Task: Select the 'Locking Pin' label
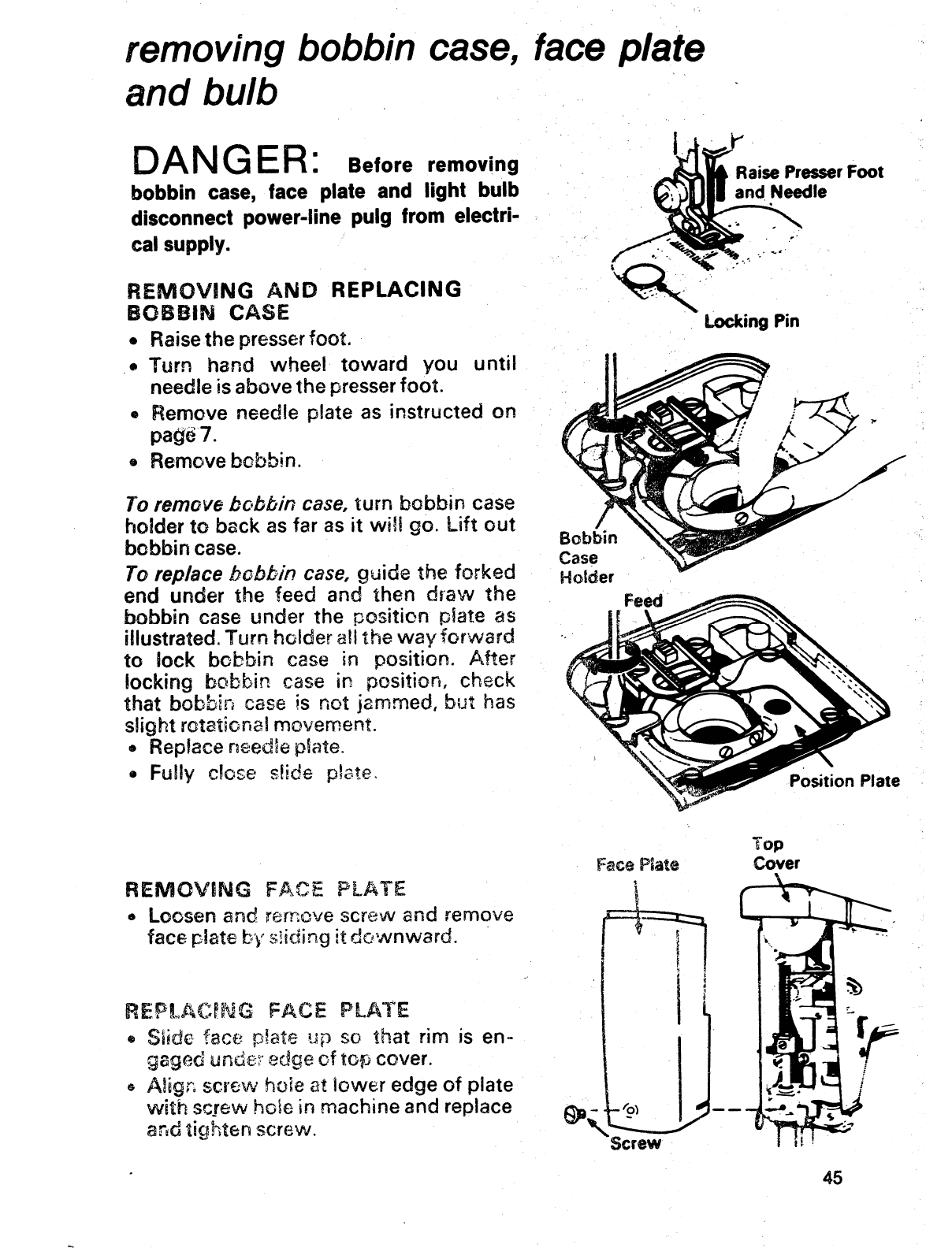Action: [752, 321]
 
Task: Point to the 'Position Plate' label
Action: [844, 781]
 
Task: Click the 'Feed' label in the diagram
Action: [644, 600]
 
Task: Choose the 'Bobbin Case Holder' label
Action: [587, 558]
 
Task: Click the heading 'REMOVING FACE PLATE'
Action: [266, 890]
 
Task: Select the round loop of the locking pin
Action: [640, 277]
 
